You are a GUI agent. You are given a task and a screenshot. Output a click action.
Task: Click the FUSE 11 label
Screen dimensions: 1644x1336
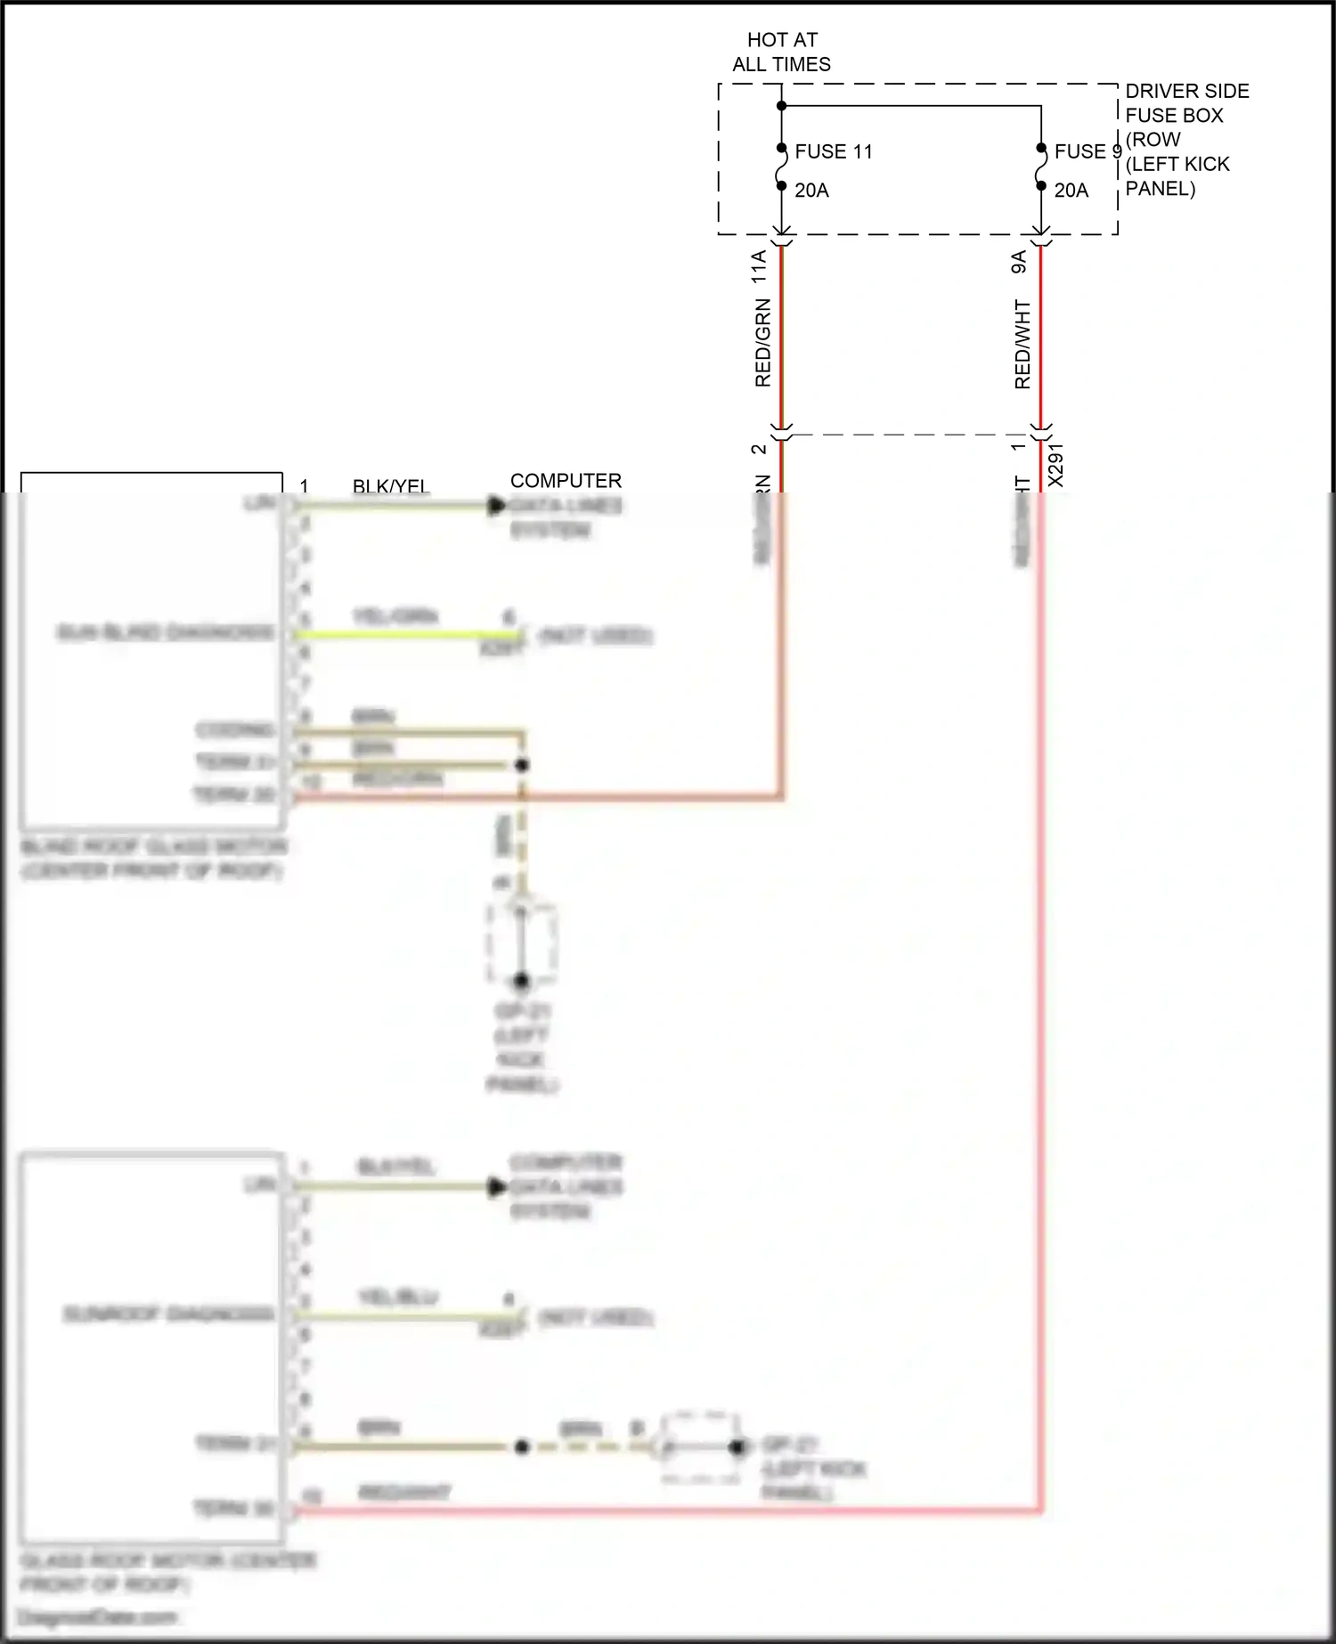pos(833,151)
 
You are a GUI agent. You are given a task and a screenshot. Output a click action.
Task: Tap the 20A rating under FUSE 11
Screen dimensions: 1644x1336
pos(811,191)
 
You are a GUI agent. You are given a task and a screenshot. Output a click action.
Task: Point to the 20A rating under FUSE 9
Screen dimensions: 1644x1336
pos(1071,191)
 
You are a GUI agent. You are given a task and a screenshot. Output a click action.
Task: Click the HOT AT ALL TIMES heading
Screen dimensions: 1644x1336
pos(781,52)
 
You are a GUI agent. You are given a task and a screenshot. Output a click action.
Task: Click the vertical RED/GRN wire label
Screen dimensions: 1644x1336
pos(762,343)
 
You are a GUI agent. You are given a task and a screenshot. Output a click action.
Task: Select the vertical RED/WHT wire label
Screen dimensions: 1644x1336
pos(1022,345)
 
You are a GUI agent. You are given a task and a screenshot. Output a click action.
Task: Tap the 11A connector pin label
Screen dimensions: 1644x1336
pos(759,267)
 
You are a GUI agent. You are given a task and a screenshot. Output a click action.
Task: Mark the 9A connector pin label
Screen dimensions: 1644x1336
pos(1019,262)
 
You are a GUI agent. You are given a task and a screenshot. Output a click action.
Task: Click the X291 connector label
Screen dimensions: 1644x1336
pos(1055,465)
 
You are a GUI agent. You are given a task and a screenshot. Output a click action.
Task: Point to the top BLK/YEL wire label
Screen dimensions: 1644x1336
pos(391,486)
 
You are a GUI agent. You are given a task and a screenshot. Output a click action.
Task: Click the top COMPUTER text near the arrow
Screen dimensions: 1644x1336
pos(566,481)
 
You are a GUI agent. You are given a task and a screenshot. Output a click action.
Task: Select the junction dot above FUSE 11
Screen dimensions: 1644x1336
pos(781,106)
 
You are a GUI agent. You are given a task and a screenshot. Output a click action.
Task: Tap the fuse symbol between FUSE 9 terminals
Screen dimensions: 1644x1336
pos(1040,167)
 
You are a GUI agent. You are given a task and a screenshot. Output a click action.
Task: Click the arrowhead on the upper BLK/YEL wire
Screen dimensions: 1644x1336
pos(497,506)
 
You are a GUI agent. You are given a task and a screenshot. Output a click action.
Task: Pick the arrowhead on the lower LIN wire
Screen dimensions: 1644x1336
pos(497,1187)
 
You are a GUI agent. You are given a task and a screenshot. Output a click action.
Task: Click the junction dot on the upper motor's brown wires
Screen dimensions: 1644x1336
pos(523,765)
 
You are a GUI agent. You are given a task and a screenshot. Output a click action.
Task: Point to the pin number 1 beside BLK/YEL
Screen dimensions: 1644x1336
pos(304,486)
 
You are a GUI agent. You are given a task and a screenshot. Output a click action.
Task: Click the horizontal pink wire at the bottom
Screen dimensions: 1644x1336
pos(668,1510)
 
